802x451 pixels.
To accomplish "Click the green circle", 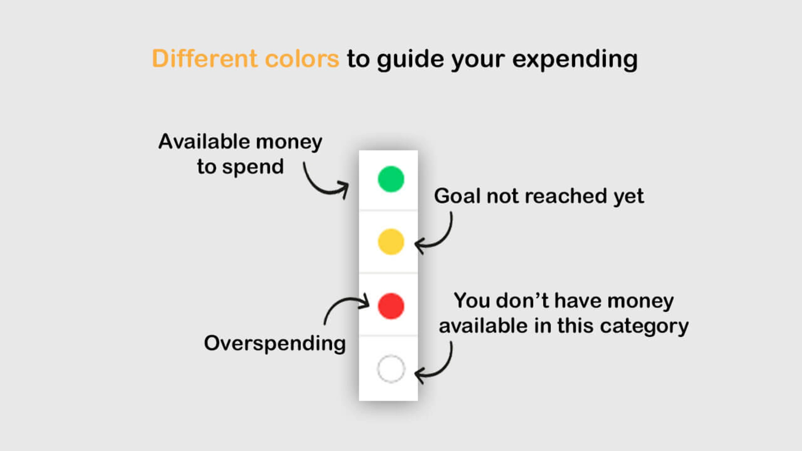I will point(391,179).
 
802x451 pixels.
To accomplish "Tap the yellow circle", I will point(391,242).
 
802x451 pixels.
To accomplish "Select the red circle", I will point(391,306).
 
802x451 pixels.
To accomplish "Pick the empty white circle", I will point(391,369).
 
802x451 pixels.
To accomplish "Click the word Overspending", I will point(275,343).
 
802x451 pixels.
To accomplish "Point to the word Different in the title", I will point(205,59).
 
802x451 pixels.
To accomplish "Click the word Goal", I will point(457,196).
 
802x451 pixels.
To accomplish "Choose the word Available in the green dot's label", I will point(204,142).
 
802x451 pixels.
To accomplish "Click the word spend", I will point(253,167).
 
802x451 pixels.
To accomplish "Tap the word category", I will point(644,326).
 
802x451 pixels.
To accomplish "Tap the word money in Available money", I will point(289,142).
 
